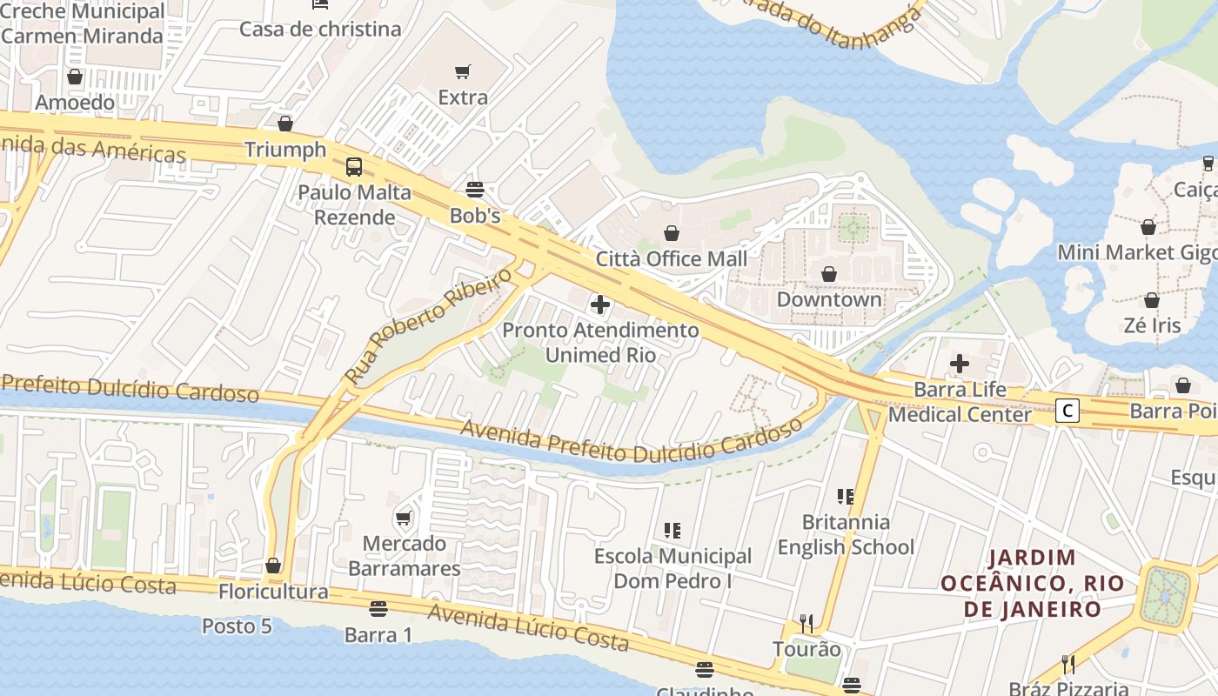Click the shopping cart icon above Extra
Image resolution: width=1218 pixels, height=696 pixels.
[463, 71]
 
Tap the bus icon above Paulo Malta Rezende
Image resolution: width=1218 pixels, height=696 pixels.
[354, 166]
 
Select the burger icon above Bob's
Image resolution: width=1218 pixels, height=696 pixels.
[475, 189]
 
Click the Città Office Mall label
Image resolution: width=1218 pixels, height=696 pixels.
[671, 258]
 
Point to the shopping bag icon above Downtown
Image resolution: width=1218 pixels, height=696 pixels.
[829, 274]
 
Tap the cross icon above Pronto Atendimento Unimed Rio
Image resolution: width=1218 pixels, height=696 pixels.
[600, 304]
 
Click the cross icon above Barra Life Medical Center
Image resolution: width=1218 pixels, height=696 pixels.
[960, 364]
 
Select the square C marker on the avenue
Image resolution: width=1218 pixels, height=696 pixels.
[1067, 411]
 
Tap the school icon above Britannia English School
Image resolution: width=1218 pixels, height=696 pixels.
[846, 497]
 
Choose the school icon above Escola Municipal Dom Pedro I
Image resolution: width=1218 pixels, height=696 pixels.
[673, 530]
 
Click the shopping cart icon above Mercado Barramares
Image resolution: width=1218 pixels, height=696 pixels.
[404, 519]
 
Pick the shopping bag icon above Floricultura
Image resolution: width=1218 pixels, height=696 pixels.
[273, 566]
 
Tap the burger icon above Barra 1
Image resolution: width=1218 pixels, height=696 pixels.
[378, 609]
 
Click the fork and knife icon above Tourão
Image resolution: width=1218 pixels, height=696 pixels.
[806, 623]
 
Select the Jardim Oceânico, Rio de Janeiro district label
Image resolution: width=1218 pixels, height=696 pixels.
[1032, 583]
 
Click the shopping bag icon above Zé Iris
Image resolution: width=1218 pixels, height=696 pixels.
[1152, 300]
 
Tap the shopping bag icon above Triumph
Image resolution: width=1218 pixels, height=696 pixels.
[285, 124]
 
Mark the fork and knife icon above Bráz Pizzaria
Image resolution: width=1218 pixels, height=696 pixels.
[1068, 665]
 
